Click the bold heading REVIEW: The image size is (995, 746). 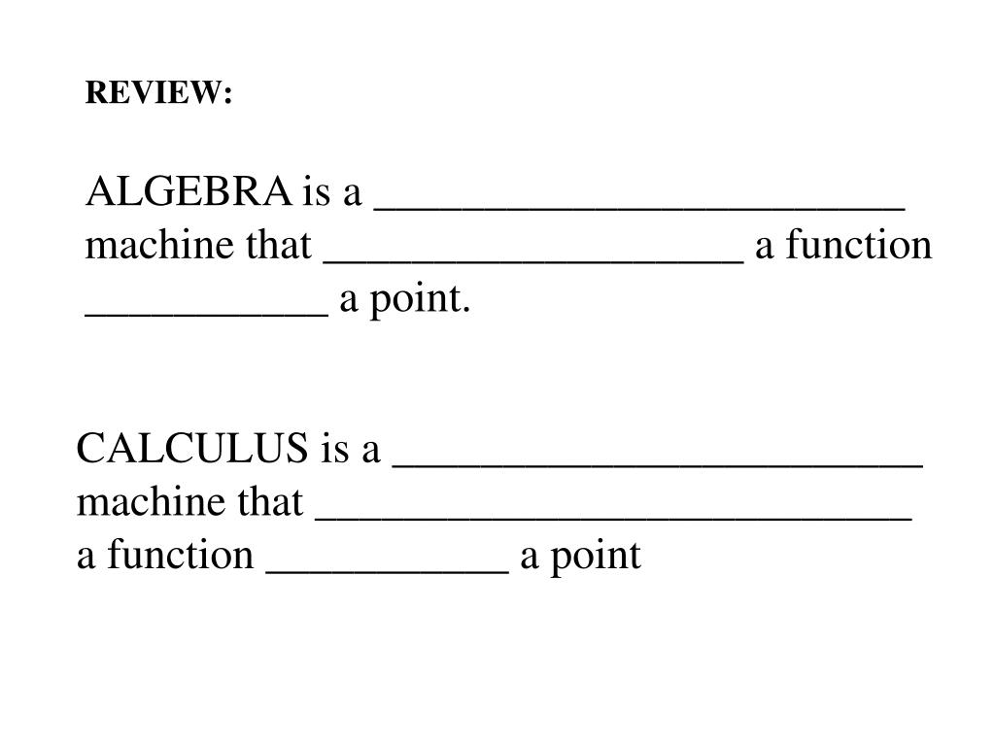click(x=158, y=92)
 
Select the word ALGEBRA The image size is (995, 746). click(x=189, y=191)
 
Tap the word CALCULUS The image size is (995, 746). click(x=192, y=448)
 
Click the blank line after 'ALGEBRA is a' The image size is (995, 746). click(x=639, y=208)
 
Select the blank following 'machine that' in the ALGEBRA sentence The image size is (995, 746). click(x=533, y=261)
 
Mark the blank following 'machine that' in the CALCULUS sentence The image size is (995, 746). click(x=614, y=519)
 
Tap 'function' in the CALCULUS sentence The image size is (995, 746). click(x=180, y=555)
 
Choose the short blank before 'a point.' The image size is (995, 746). click(x=207, y=315)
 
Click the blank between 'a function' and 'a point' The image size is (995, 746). click(x=387, y=572)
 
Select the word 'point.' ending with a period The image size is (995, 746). click(x=420, y=299)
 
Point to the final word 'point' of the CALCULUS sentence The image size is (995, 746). click(x=596, y=557)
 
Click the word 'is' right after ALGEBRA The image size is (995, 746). click(x=316, y=191)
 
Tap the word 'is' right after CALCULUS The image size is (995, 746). click(x=334, y=449)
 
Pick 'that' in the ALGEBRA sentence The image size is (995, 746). click(x=279, y=245)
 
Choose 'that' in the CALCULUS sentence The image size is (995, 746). click(x=270, y=502)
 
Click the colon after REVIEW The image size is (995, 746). click(x=227, y=95)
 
